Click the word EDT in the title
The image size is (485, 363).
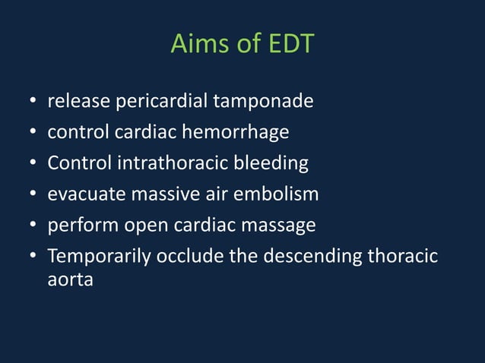coord(290,44)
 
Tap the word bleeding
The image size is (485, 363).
coord(271,163)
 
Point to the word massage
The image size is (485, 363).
coord(279,226)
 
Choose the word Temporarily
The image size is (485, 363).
coord(99,257)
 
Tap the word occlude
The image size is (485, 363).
coord(189,257)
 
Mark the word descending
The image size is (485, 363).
coord(312,257)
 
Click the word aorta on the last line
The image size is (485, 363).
coord(70,280)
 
